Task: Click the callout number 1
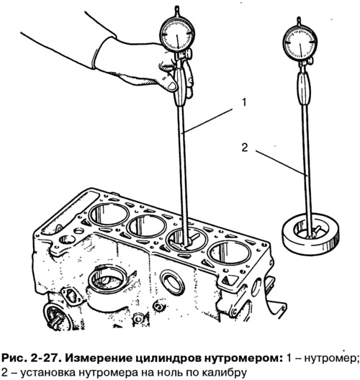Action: point(244,102)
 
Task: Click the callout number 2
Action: point(245,148)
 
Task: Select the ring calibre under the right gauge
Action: point(310,233)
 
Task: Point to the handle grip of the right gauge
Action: point(304,89)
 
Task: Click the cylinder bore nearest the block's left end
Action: point(109,215)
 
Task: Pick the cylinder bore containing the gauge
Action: point(187,240)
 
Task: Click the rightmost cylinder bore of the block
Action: point(229,253)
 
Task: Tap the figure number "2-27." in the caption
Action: point(48,358)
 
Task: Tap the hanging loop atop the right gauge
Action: point(299,20)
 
